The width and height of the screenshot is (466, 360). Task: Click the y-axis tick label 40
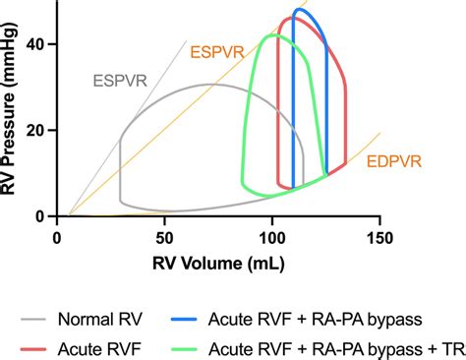tap(38, 45)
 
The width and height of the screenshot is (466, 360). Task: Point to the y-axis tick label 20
tap(38, 131)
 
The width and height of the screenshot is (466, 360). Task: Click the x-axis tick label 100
tap(271, 237)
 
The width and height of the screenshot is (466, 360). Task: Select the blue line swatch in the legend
tap(181, 320)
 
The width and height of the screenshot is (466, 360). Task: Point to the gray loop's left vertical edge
tap(120, 167)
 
